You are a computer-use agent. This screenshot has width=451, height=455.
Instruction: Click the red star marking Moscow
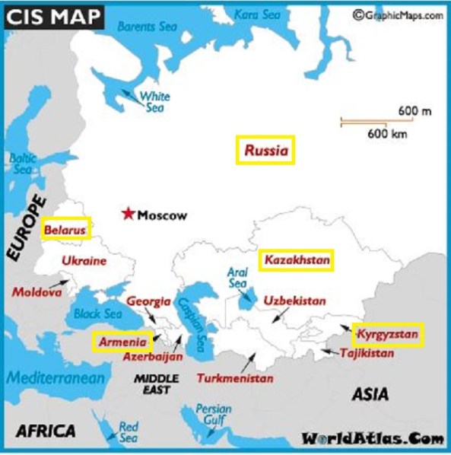click(129, 214)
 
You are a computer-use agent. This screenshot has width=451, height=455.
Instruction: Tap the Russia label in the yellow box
click(266, 151)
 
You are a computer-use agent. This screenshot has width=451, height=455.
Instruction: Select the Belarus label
click(65, 229)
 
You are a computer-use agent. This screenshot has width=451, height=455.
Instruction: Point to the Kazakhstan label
click(297, 261)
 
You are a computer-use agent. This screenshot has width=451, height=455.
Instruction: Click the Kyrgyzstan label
click(388, 334)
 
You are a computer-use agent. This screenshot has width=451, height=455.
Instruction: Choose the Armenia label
click(122, 342)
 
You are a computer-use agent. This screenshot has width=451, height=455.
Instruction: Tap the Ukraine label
click(84, 261)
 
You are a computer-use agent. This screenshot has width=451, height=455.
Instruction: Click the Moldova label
click(36, 292)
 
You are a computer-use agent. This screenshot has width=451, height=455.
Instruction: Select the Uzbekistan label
click(294, 301)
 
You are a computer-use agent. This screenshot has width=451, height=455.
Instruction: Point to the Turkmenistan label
click(235, 377)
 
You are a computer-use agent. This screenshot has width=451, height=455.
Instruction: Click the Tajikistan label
click(367, 353)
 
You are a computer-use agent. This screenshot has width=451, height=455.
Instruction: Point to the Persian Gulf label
click(214, 414)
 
